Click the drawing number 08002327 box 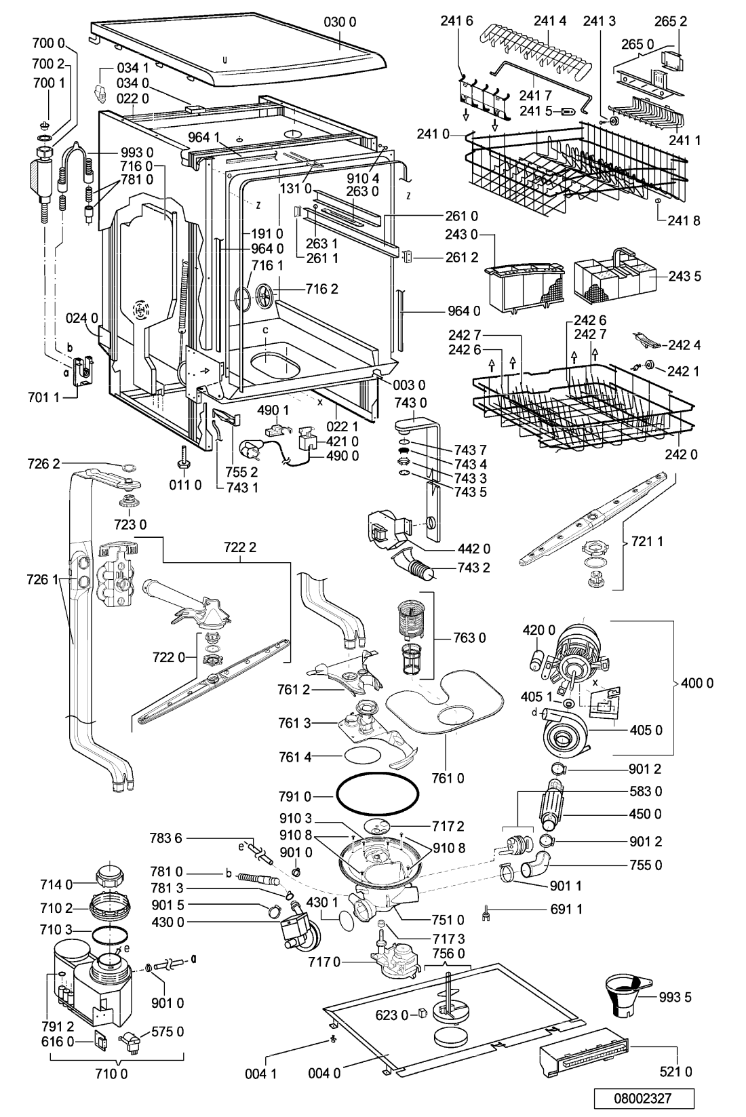tap(644, 1097)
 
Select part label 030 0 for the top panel tap(340, 22)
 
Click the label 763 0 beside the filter tap(469, 638)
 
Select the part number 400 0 tap(697, 683)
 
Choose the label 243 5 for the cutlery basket tap(685, 276)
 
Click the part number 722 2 tap(240, 547)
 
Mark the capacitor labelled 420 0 tap(536, 658)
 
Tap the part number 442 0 tap(474, 549)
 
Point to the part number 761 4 tap(295, 757)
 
